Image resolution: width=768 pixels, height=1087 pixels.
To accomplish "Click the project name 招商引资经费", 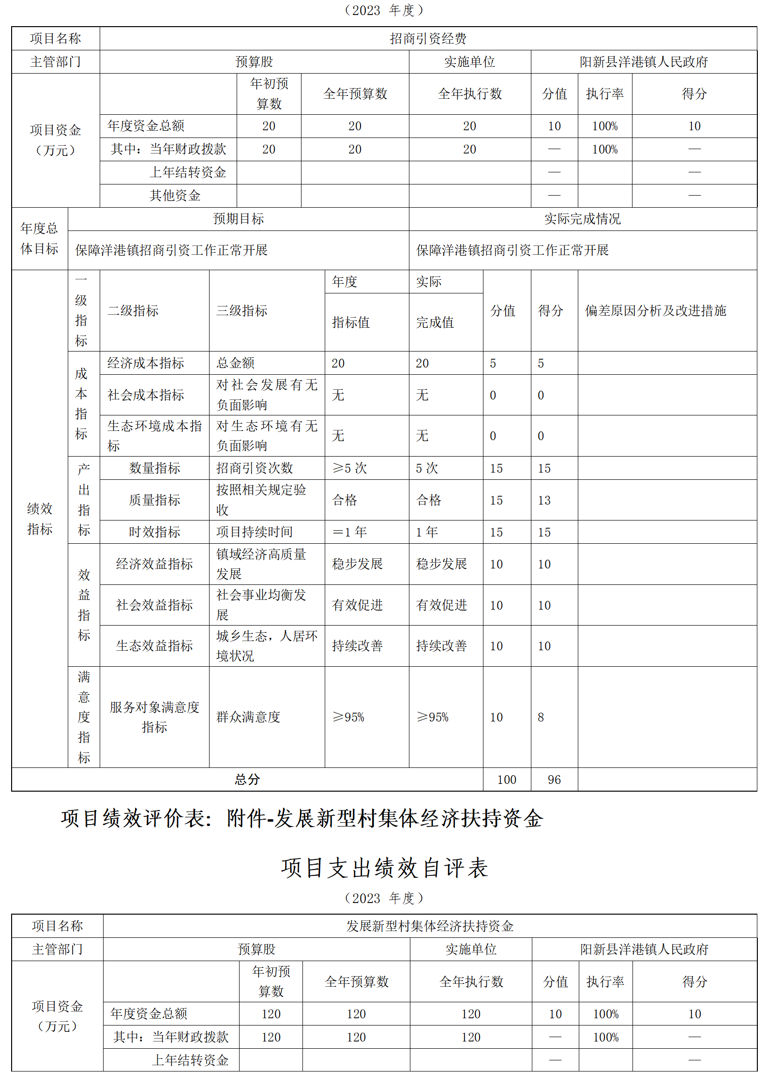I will pyautogui.click(x=428, y=38).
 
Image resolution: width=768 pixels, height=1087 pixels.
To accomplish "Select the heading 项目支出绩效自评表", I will pyautogui.click(x=384, y=868).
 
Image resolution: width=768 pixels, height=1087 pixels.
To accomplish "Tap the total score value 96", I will pyautogui.click(x=554, y=780).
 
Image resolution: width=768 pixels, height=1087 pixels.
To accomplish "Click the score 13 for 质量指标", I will pyautogui.click(x=544, y=500).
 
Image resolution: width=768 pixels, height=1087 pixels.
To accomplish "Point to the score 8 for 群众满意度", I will pyautogui.click(x=541, y=717).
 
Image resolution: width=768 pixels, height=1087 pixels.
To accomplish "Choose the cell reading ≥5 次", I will pyautogui.click(x=349, y=468).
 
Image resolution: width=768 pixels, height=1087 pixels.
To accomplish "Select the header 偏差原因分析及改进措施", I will pyautogui.click(x=656, y=310).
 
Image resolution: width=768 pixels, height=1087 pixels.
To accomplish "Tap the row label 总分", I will pyautogui.click(x=247, y=780).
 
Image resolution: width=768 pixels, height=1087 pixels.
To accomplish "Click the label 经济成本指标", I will pyautogui.click(x=146, y=363).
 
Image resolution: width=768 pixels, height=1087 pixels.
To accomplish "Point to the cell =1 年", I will pyautogui.click(x=349, y=532).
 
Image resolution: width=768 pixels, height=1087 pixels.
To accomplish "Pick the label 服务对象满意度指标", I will pyautogui.click(x=154, y=717).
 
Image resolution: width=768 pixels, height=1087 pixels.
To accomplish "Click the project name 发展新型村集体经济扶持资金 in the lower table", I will pyautogui.click(x=430, y=926).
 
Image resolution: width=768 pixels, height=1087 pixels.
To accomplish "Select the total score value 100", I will pyautogui.click(x=507, y=780).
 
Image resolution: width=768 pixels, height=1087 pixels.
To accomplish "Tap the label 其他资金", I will pyautogui.click(x=175, y=196).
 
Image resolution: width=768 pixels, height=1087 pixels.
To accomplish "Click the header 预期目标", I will pyautogui.click(x=239, y=219).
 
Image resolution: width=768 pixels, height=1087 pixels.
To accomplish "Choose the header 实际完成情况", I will pyautogui.click(x=582, y=219).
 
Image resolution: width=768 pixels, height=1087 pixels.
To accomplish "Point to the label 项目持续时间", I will pyautogui.click(x=255, y=532).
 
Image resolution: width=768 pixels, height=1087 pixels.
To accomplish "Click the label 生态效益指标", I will pyautogui.click(x=154, y=646).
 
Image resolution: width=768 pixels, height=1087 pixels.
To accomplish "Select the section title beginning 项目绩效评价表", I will pyautogui.click(x=302, y=819).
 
